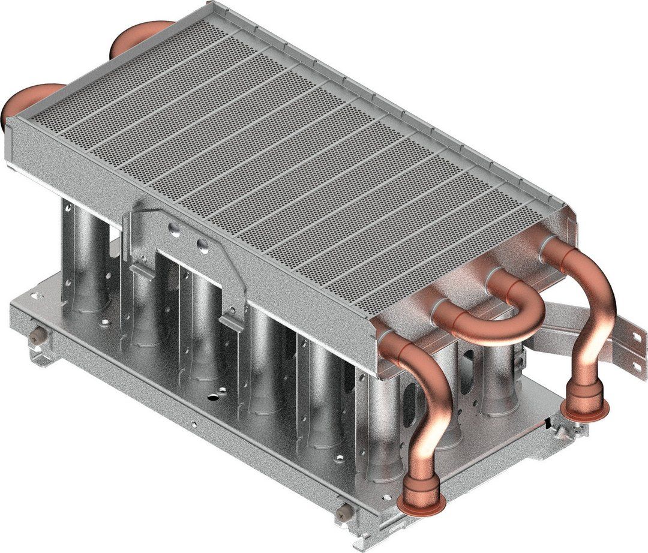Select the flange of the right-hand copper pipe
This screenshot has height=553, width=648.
point(585,411)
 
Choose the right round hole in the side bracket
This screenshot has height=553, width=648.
point(203,245)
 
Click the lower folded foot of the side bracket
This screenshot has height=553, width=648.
point(232,324)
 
